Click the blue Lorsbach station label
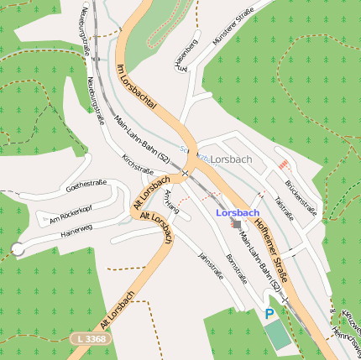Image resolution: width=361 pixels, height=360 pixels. point(237,213)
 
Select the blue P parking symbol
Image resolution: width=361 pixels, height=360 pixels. point(269,314)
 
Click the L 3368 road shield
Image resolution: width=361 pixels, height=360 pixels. point(89,338)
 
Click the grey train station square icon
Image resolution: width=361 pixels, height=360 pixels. point(237,225)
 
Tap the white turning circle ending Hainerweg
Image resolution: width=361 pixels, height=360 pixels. point(18,248)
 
